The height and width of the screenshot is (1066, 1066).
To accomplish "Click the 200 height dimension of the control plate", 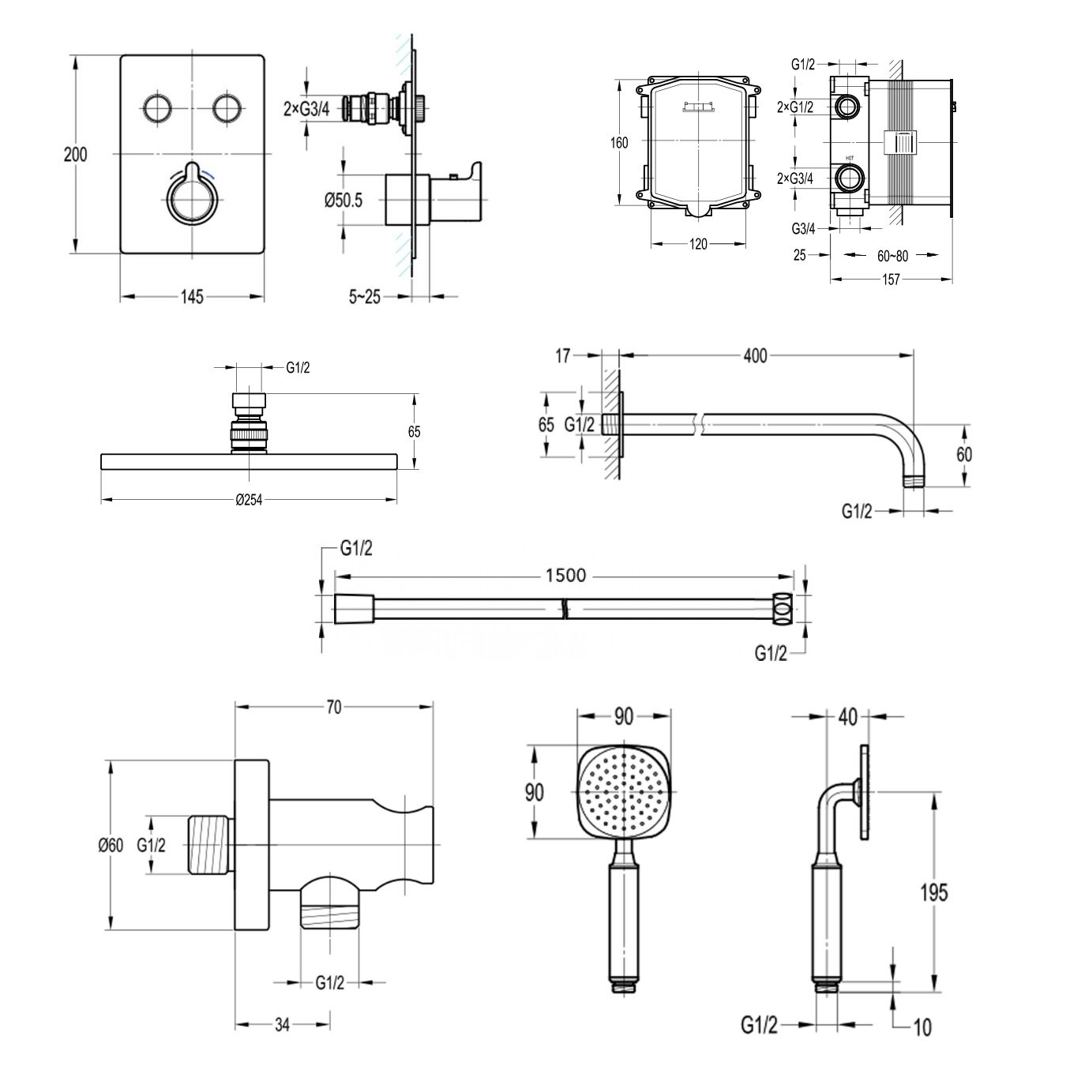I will point(76,155).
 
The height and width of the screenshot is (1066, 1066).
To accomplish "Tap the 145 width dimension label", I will point(191,297).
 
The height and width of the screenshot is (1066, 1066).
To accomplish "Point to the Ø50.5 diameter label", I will point(343,201).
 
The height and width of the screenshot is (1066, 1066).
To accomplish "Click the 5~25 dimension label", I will point(364,297).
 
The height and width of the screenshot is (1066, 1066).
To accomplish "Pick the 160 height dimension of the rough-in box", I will point(620,143).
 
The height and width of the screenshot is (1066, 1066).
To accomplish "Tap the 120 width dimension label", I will point(698,244).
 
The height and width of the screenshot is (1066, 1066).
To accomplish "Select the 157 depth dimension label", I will point(890,279).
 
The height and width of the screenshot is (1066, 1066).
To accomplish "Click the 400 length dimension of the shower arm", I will point(755,356).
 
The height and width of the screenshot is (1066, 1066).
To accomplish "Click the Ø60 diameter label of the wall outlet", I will point(111,845).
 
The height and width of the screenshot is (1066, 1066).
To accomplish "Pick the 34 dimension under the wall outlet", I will point(283,1025).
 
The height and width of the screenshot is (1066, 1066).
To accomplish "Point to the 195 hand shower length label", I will point(933,892).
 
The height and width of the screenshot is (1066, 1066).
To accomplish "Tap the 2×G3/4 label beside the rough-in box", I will point(796,179).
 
